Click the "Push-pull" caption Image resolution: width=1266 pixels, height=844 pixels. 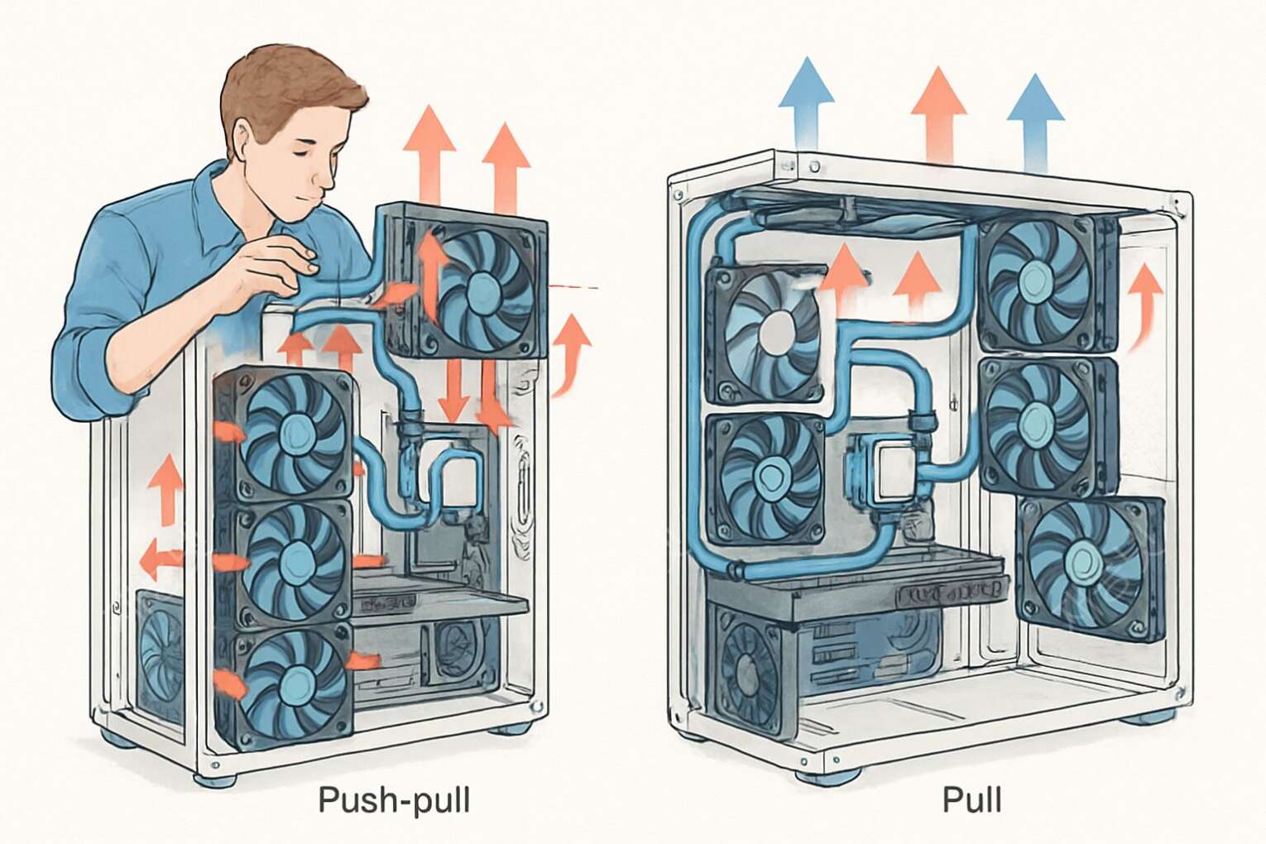coord(394,800)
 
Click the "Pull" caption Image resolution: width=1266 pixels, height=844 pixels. coord(971,800)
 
